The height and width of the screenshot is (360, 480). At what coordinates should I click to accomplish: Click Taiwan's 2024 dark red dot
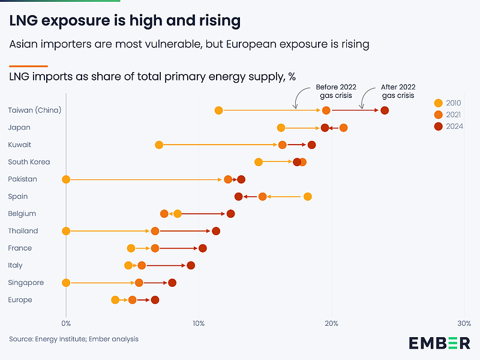pyautogui.click(x=385, y=110)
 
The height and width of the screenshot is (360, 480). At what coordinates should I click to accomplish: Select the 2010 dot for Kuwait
pyautogui.click(x=159, y=145)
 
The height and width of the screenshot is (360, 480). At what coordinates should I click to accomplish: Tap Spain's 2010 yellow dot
pyautogui.click(x=308, y=196)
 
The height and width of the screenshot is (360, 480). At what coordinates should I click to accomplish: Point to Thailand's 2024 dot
pyautogui.click(x=216, y=231)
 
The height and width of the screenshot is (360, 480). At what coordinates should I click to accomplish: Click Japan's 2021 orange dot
pyautogui.click(x=343, y=128)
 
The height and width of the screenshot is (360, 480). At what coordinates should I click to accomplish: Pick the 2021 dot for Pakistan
pyautogui.click(x=228, y=179)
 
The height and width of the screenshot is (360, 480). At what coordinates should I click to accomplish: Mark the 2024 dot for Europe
pyautogui.click(x=155, y=300)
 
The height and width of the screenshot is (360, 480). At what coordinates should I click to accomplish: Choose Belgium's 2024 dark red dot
pyautogui.click(x=230, y=214)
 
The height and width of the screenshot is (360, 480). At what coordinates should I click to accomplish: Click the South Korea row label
pyautogui.click(x=29, y=162)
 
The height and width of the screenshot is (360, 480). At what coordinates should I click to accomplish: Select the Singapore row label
pyautogui.click(x=26, y=283)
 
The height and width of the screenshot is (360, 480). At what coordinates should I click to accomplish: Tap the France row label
pyautogui.click(x=20, y=248)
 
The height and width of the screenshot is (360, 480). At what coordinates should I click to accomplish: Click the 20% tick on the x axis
pyautogui.click(x=331, y=323)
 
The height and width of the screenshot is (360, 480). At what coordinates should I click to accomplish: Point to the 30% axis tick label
pyautogui.click(x=463, y=323)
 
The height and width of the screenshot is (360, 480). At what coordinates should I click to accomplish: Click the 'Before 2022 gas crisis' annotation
pyautogui.click(x=336, y=91)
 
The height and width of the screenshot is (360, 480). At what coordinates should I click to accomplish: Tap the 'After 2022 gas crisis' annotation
pyautogui.click(x=398, y=91)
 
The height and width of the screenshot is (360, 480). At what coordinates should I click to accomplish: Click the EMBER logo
pyautogui.click(x=440, y=343)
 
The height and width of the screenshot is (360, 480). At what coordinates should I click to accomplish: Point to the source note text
pyautogui.click(x=74, y=339)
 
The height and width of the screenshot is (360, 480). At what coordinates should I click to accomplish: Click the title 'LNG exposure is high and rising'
pyautogui.click(x=125, y=21)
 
